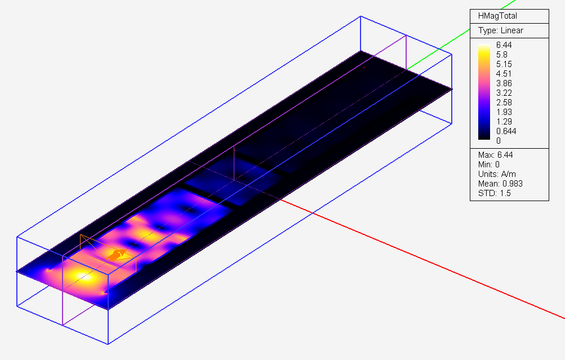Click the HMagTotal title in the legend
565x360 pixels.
click(497, 16)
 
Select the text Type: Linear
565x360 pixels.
click(500, 30)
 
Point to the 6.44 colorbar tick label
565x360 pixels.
click(504, 45)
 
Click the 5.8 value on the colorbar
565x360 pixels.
click(501, 55)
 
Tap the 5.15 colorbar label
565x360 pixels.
click(504, 64)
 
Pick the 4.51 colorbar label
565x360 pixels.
click(504, 74)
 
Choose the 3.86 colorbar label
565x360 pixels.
click(504, 83)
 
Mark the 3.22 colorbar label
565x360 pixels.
click(504, 93)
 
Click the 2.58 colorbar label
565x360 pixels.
click(504, 103)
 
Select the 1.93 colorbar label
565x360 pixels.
click(504, 112)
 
